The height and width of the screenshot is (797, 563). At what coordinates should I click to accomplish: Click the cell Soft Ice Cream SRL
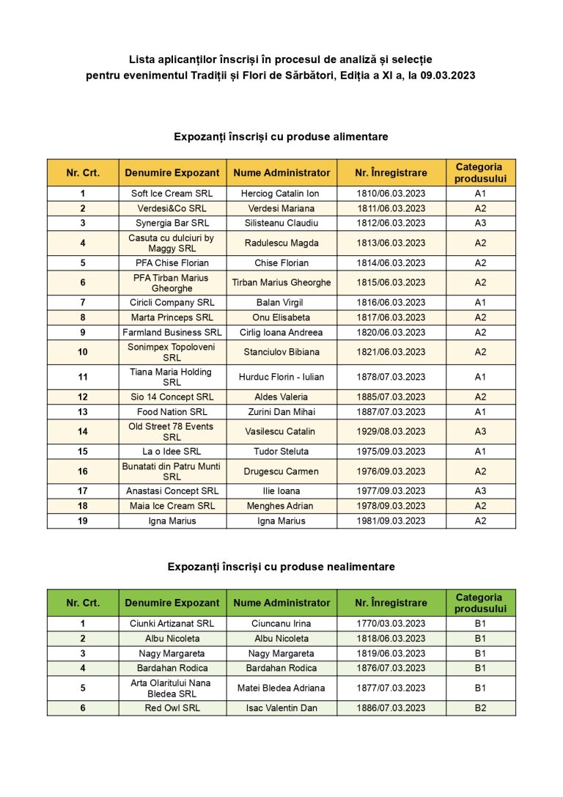point(172,194)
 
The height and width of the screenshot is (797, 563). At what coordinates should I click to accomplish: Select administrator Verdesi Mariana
point(281,208)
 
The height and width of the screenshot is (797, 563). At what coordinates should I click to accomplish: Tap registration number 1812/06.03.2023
point(391,223)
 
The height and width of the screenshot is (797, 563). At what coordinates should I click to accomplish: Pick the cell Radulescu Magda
point(281,243)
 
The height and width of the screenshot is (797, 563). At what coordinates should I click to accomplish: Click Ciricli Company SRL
point(172,302)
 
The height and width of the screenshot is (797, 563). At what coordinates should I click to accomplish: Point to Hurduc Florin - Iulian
point(281,377)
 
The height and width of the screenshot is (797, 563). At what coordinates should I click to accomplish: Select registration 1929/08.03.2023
point(391,431)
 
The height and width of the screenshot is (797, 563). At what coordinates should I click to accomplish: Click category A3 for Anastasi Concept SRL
point(480,491)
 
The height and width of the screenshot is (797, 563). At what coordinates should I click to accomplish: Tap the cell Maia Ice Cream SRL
point(172,506)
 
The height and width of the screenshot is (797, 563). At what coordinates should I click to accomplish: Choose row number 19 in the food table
point(83,521)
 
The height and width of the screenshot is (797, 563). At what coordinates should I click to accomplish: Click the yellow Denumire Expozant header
point(172,173)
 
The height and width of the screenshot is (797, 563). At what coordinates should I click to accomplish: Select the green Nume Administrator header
point(281,603)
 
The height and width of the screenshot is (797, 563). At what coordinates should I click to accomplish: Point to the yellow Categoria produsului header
point(480,173)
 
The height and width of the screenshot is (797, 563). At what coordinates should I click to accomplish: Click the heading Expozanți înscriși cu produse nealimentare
point(281,567)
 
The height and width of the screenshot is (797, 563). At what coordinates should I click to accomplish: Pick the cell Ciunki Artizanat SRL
point(172,624)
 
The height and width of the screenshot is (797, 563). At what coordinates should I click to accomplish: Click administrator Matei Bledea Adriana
point(281,688)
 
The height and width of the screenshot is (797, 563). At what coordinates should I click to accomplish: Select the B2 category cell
point(480,708)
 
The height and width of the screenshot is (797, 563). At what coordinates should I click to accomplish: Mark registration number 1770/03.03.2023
point(391,624)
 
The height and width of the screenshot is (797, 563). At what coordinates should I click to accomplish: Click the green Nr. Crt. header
point(83,603)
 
